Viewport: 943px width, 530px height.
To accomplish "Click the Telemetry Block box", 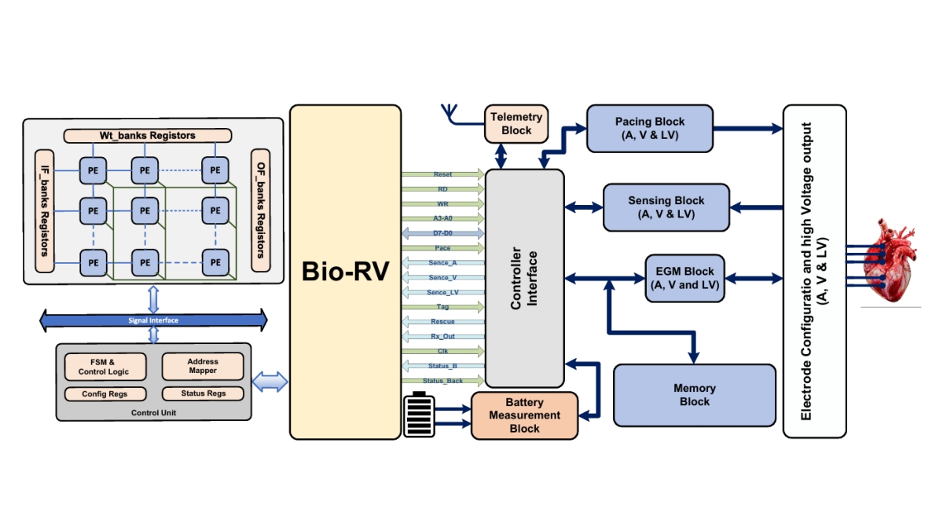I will (516, 123).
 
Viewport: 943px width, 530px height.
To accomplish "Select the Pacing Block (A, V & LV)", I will (650, 128).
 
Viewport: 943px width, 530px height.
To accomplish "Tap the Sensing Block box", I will (666, 207).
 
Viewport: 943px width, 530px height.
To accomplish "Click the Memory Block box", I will (694, 395).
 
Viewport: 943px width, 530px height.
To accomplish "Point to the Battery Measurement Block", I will (523, 415).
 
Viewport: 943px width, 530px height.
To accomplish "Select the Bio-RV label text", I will (344, 272).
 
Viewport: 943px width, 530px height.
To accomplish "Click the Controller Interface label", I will (524, 278).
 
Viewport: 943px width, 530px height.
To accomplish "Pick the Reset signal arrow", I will (442, 174).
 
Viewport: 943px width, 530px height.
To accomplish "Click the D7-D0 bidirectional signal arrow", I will (442, 233).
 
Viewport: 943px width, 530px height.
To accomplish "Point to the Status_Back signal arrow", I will (442, 381).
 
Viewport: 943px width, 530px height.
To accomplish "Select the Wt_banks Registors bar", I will (147, 136).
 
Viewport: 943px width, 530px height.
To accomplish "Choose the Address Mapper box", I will (203, 366).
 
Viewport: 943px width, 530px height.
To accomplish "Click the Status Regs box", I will (203, 393).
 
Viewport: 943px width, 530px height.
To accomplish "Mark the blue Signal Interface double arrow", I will (153, 320).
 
